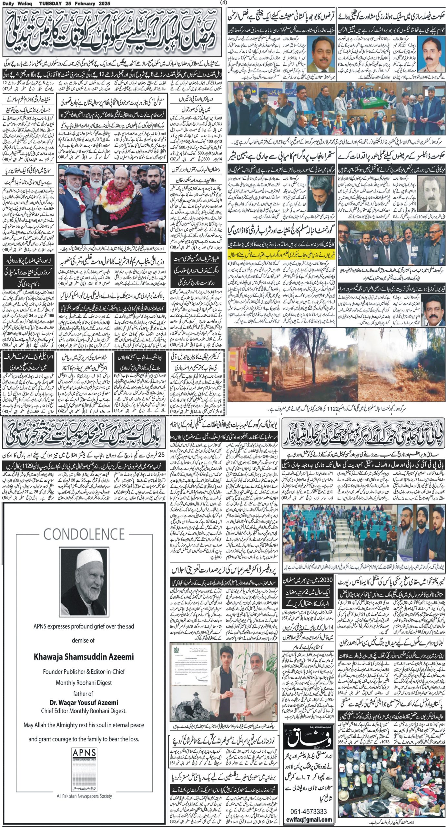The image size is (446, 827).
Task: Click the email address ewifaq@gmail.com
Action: click(x=309, y=817)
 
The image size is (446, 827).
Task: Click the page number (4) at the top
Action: click(x=223, y=3)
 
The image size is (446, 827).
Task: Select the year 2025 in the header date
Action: click(x=103, y=4)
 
